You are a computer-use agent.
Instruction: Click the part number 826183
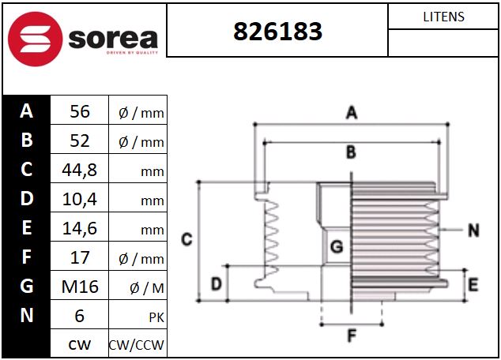277,32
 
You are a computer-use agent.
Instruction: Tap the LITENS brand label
443,17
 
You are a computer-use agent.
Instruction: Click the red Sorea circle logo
35,39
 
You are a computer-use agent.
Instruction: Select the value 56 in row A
80,111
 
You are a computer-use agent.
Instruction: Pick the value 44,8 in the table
80,170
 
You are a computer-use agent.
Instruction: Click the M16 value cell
80,287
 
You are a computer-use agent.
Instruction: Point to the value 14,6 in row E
80,228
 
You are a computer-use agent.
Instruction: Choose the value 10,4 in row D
80,199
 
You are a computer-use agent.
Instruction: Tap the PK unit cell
156,317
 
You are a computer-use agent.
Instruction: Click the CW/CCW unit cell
137,345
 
